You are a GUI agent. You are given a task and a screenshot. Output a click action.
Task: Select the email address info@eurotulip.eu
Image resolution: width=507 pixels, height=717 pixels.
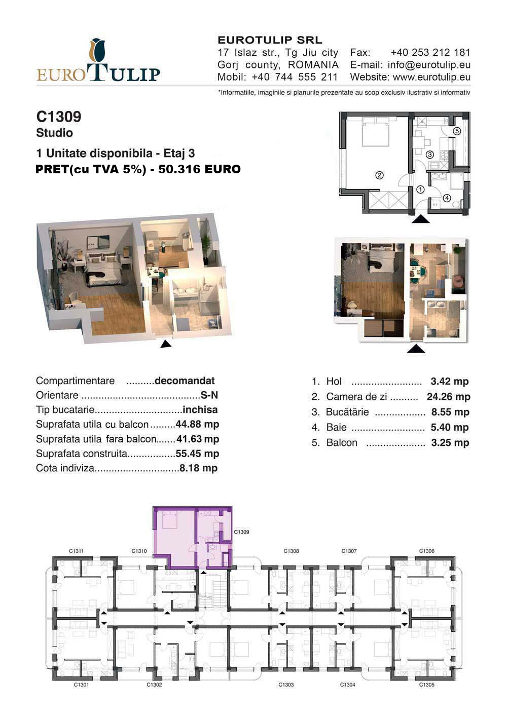coord(429,65)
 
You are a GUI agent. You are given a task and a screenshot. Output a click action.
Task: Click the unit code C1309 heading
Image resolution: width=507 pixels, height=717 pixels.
coord(59,117)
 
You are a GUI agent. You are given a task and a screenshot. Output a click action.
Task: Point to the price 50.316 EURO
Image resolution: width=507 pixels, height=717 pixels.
coord(199,169)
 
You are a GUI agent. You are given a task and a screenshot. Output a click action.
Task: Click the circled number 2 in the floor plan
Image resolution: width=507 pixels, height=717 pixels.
coord(379,175)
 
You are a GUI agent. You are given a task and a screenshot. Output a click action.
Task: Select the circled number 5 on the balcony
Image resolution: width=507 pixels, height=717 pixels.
coord(457,131)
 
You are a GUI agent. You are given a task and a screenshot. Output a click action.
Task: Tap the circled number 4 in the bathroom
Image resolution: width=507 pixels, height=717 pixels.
coord(447,198)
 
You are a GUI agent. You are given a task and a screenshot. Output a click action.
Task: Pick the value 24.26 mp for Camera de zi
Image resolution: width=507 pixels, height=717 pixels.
coord(448,397)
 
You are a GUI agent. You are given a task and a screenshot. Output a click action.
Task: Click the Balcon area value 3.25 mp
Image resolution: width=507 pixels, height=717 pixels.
coord(450,443)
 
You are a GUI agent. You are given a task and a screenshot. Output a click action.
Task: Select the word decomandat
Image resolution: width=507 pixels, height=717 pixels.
coord(185,381)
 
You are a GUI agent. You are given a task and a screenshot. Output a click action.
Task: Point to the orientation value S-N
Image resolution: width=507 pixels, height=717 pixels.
coord(209,395)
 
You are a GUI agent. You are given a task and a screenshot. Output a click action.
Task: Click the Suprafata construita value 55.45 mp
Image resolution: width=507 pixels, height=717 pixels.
coord(197,454)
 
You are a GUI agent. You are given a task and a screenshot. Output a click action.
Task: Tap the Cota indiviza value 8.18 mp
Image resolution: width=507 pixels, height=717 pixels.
coord(198,468)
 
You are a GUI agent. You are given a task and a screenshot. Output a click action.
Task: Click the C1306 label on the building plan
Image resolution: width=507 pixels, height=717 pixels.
coord(426,551)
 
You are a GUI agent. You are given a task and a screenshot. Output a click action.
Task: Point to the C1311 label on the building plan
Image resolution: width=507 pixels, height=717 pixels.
coord(76,551)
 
